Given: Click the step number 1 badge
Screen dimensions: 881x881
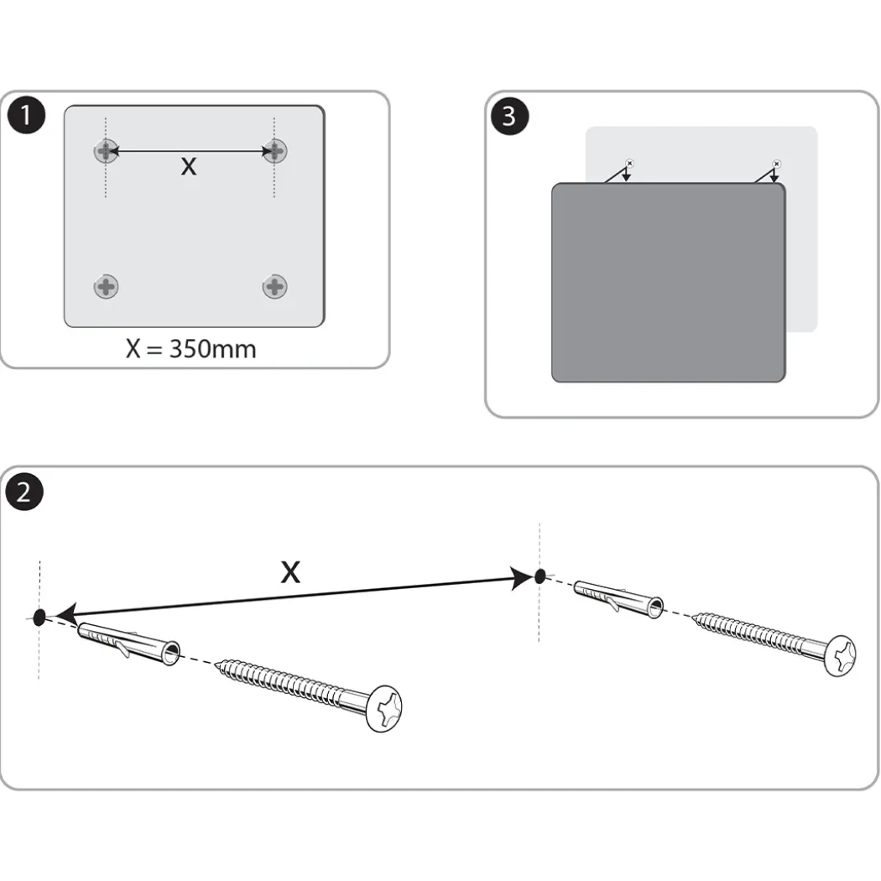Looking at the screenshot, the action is click(x=26, y=115).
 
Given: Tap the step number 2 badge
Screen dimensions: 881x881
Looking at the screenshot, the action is click(x=24, y=492).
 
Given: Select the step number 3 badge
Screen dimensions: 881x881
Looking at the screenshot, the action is click(x=509, y=116).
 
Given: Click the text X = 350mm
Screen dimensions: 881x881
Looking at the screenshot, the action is click(x=191, y=349).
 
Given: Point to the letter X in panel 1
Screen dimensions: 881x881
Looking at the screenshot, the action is click(x=189, y=166).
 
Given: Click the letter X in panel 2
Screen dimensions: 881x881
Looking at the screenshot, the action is click(x=290, y=572).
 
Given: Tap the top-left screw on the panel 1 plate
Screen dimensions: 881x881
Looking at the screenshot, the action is click(x=106, y=151).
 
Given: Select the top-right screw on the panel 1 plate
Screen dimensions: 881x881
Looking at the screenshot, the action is click(x=274, y=150).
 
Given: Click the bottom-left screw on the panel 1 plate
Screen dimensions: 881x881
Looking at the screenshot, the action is click(x=106, y=287).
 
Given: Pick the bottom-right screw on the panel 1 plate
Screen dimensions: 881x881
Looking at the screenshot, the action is click(x=274, y=287).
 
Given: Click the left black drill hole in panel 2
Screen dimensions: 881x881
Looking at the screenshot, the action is click(x=39, y=618).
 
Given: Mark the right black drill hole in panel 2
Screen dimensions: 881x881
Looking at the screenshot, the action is click(x=540, y=576).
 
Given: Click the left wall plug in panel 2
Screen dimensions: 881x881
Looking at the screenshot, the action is click(x=128, y=644).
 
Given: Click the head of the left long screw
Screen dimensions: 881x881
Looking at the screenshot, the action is click(x=384, y=708).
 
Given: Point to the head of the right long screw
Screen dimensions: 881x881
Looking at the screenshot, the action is click(x=840, y=655).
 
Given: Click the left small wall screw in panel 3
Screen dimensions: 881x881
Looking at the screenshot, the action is click(x=629, y=164).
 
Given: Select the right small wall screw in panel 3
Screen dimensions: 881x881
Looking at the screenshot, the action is click(x=776, y=164).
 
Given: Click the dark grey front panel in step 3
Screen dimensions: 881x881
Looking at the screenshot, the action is click(x=669, y=283).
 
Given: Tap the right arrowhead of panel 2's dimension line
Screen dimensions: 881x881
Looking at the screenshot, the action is click(x=521, y=578).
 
